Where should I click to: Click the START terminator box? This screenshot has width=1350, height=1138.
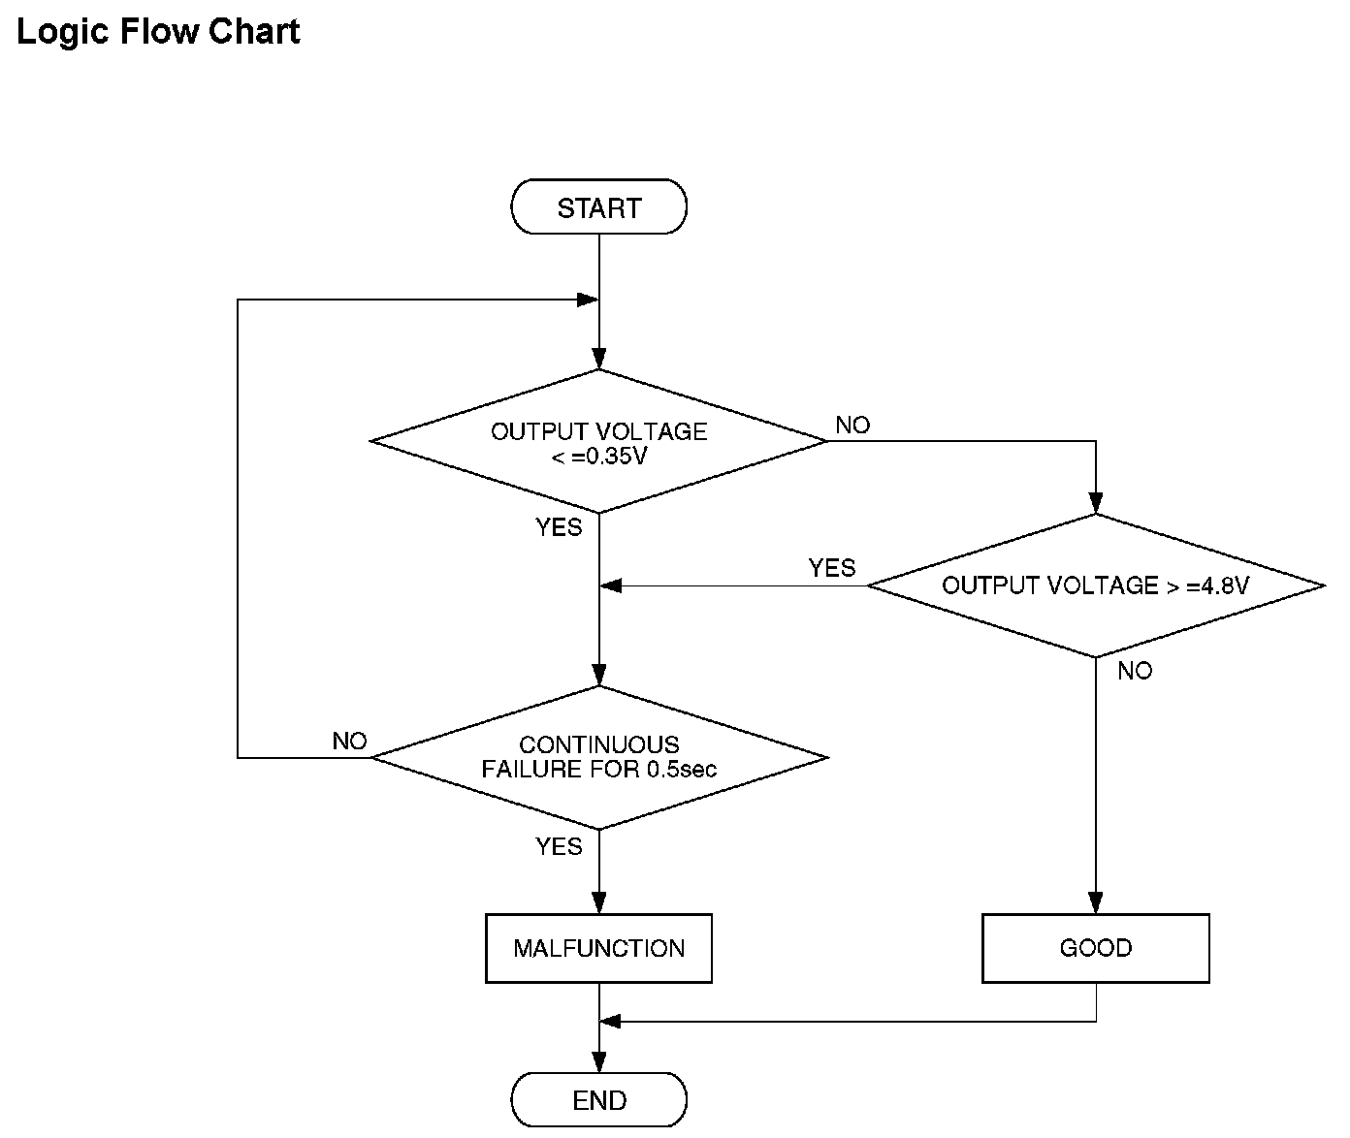pos(598,206)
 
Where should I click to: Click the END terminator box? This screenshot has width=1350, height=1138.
pos(598,1099)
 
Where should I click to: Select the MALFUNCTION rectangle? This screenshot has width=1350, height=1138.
pos(598,948)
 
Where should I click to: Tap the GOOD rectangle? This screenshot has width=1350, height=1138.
pos(1096,948)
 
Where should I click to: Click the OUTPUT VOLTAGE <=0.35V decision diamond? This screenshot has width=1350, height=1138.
pos(598,441)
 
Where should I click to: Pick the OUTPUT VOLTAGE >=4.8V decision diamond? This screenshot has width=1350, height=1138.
pos(1096,585)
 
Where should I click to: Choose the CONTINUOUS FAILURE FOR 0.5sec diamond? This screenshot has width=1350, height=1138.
pos(598,757)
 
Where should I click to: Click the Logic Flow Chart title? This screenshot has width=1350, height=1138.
pos(158,32)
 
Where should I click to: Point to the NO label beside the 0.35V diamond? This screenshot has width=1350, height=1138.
pos(852,426)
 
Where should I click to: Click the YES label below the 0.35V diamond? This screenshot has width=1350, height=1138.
pos(559,527)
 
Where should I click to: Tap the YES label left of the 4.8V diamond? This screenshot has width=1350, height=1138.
pos(832,568)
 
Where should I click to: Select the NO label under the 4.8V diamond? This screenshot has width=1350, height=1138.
pos(1136,671)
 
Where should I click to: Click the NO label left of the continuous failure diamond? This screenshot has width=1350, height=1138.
pos(350,741)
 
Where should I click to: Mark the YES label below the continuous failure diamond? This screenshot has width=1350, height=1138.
pos(559,846)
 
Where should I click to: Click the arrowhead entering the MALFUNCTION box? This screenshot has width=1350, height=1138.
pos(598,902)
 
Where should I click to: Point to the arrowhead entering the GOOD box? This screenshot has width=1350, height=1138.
pos(1096,902)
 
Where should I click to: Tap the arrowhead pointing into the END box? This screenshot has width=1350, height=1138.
pos(598,1062)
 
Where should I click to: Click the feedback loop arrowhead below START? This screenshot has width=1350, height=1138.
pos(588,300)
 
